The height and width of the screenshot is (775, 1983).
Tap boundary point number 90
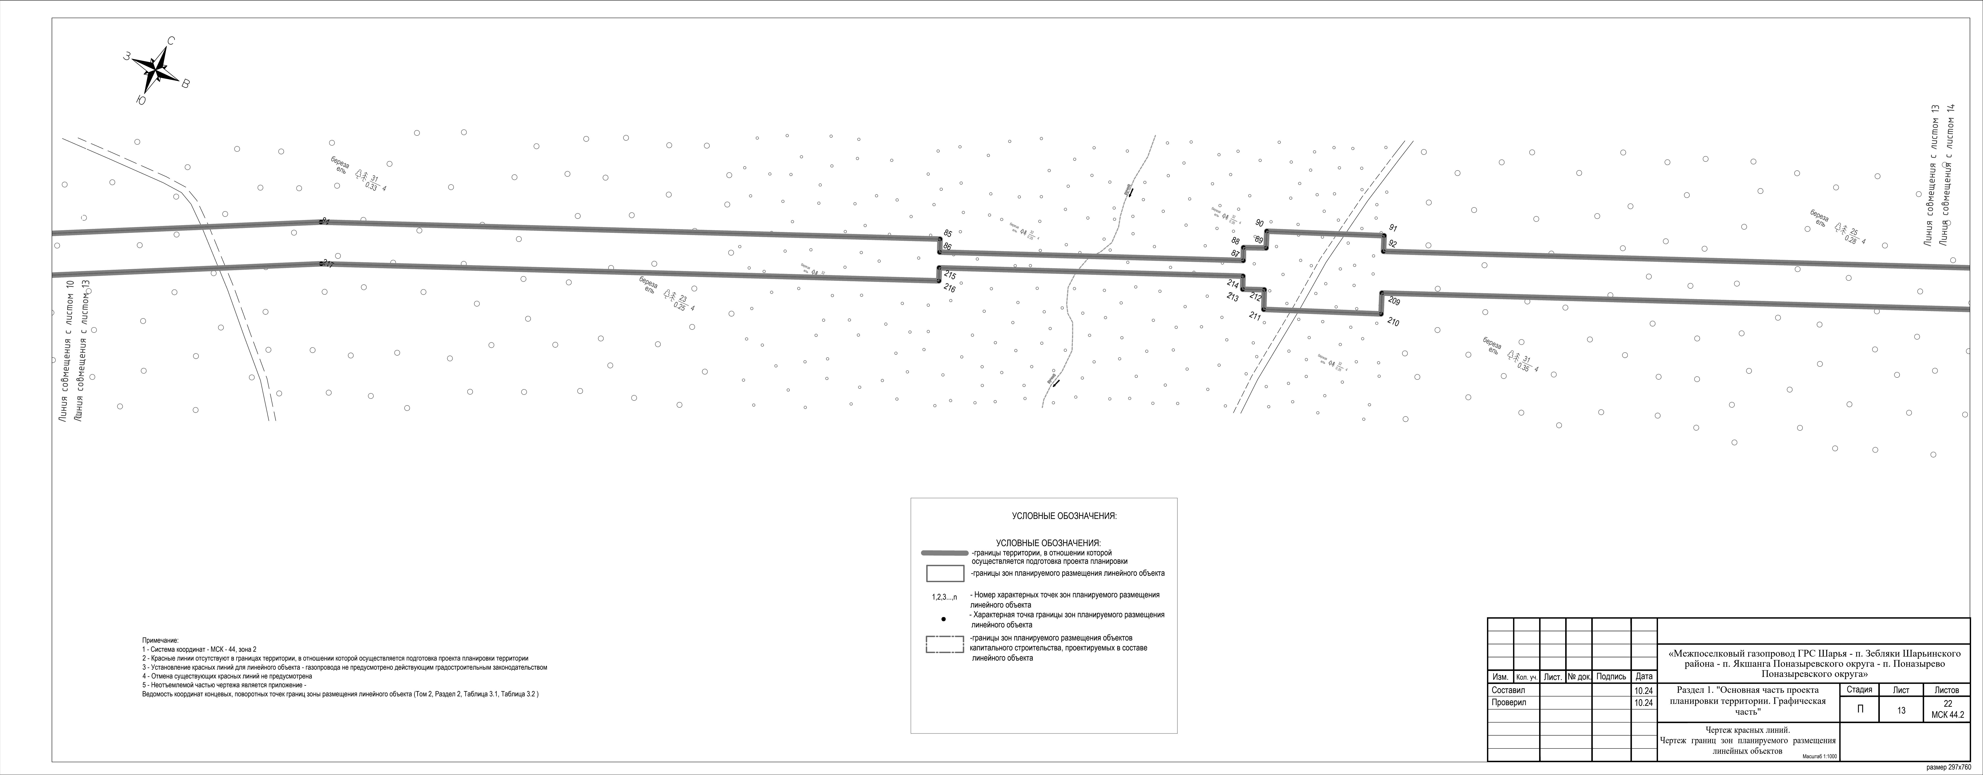[1259, 223]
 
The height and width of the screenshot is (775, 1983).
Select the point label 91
[1393, 228]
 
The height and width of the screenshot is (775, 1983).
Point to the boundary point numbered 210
[1393, 323]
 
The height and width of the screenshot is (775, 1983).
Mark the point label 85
[948, 233]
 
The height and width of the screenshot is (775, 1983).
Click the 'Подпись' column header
[1611, 676]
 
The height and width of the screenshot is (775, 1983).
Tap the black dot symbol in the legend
[944, 619]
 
